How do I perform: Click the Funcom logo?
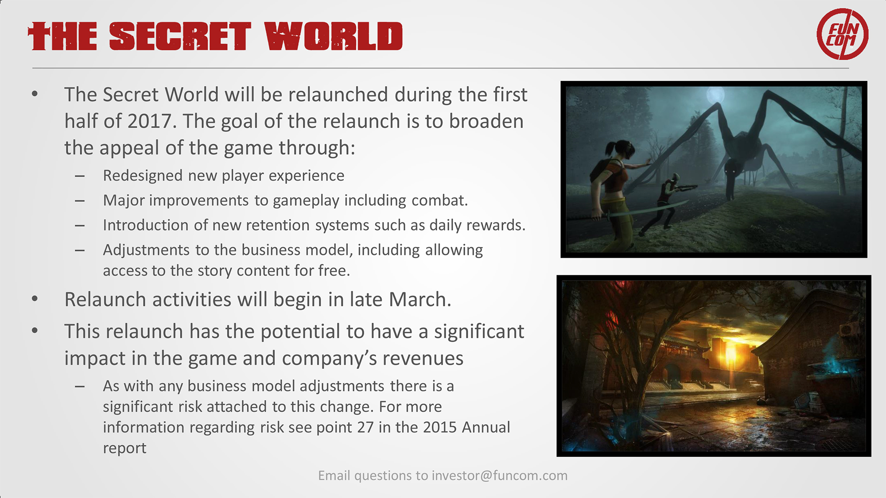842,34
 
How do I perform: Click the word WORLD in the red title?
334,36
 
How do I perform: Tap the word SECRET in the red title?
180,36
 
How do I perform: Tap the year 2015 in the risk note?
439,427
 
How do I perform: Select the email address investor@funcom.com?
500,475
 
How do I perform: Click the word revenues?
423,358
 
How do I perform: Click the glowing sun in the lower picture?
731,352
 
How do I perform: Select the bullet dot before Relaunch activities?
35,299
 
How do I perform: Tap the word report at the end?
124,448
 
